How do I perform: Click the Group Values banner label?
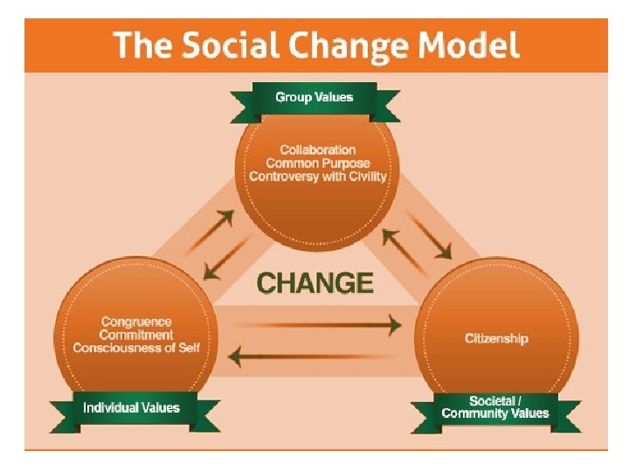[314, 97]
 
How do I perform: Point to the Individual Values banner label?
[131, 407]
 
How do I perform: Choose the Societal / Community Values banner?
[495, 407]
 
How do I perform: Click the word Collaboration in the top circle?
[318, 150]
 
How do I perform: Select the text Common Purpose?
[318, 163]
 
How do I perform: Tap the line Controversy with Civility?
[318, 177]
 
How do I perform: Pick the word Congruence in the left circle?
[136, 322]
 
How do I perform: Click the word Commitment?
[136, 335]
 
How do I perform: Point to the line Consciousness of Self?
[136, 348]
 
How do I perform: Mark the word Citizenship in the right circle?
[496, 338]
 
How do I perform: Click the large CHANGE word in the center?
[315, 283]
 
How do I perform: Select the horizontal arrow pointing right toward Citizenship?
[319, 325]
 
